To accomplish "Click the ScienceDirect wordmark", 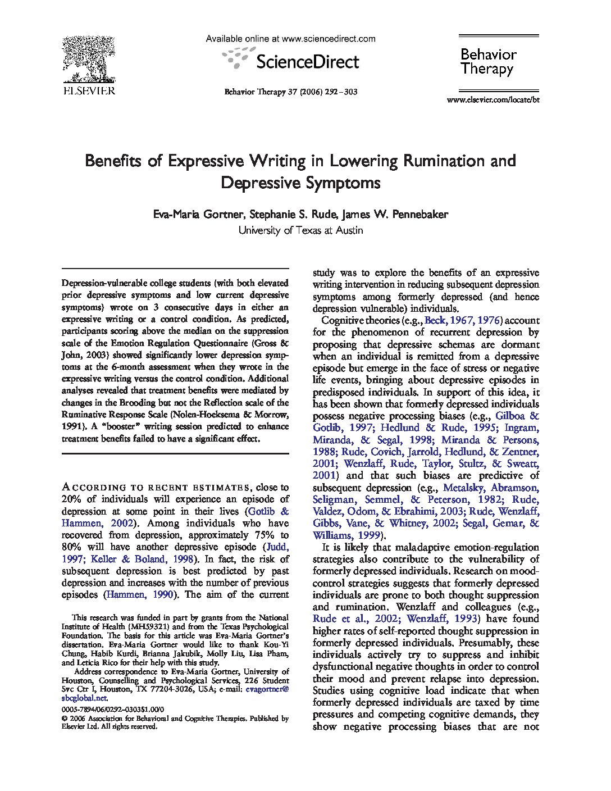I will tap(307, 61).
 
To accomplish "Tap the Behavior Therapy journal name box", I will tap(487, 62).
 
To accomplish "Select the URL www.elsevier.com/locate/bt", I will tap(493, 100).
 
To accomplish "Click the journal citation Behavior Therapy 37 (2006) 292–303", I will tap(291, 92).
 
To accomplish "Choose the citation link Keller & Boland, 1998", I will tap(156, 559).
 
